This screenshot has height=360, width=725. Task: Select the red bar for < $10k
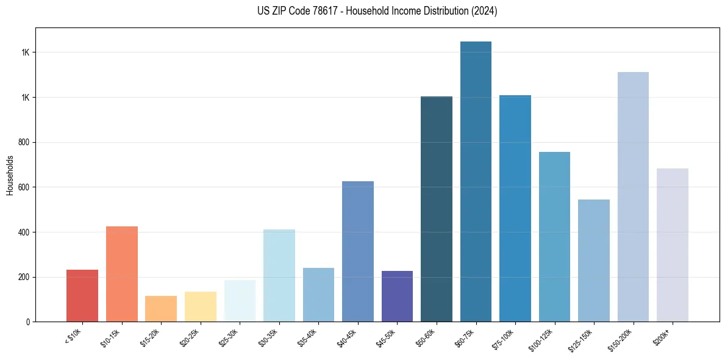click(82, 296)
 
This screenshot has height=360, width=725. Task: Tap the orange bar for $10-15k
click(121, 274)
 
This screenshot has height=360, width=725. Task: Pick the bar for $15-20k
click(161, 309)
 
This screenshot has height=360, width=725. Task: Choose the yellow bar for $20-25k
click(200, 306)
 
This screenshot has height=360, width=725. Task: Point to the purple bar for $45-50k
click(397, 297)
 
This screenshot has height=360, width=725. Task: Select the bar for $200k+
click(672, 245)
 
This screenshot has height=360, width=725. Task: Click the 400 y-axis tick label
click(25, 232)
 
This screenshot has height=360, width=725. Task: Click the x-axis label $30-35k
click(268, 337)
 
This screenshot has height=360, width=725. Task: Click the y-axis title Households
click(10, 175)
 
